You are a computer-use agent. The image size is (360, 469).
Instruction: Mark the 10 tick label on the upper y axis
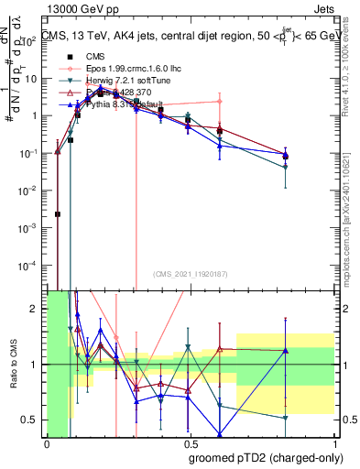(33, 79)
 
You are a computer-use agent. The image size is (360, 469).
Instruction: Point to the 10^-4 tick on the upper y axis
(30, 266)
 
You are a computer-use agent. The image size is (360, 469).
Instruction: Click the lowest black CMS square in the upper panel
(58, 214)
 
